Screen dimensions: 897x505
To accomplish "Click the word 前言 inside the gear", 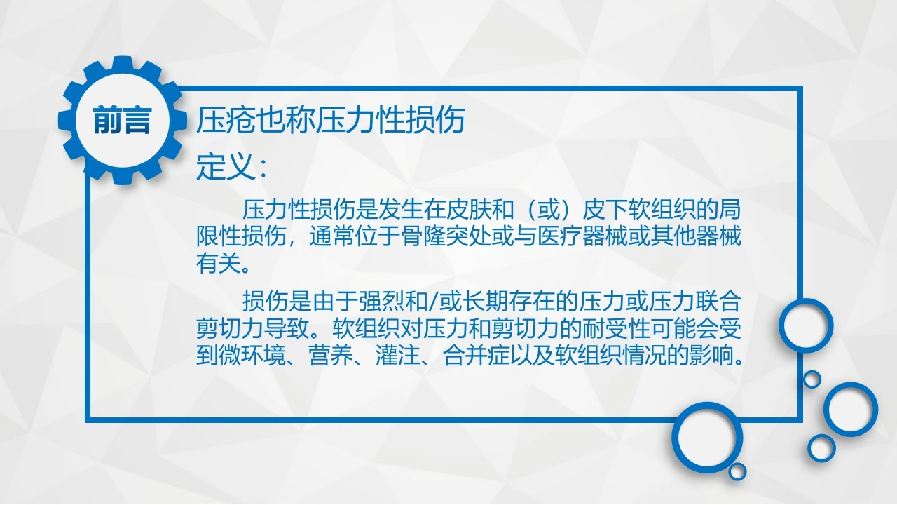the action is (x=122, y=120).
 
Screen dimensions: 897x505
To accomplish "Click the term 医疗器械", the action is (x=582, y=236).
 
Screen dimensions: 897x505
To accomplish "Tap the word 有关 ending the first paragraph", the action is (x=219, y=263).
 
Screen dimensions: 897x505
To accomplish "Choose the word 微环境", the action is (x=252, y=356).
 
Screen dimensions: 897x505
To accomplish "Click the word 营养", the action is (x=331, y=356).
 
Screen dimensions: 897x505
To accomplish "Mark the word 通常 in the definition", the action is (x=332, y=236).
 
